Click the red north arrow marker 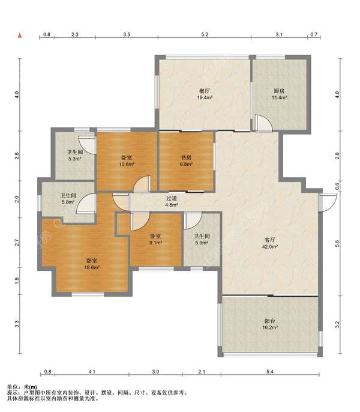pyautogui.click(x=20, y=35)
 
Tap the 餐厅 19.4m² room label pyautogui.click(x=205, y=94)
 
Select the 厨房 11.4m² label pyautogui.click(x=279, y=94)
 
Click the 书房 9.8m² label pyautogui.click(x=186, y=161)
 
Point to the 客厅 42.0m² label pyautogui.click(x=270, y=243)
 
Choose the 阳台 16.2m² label pyautogui.click(x=270, y=324)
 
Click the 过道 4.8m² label pyautogui.click(x=172, y=201)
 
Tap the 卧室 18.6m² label pyautogui.click(x=92, y=264)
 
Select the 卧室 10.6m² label pyautogui.click(x=127, y=161)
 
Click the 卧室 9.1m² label pyautogui.click(x=156, y=240)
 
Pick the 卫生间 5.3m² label pyautogui.click(x=75, y=155)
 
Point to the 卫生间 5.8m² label pyautogui.click(x=68, y=199)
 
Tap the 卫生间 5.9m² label pyautogui.click(x=202, y=240)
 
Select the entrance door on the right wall pyautogui.click(x=328, y=202)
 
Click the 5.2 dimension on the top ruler pyautogui.click(x=205, y=34)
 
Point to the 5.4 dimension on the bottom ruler pyautogui.click(x=270, y=372)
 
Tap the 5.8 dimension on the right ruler pyautogui.click(x=337, y=244)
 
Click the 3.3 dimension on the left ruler pyautogui.click(x=17, y=324)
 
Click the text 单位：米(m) pyautogui.click(x=22, y=387)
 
